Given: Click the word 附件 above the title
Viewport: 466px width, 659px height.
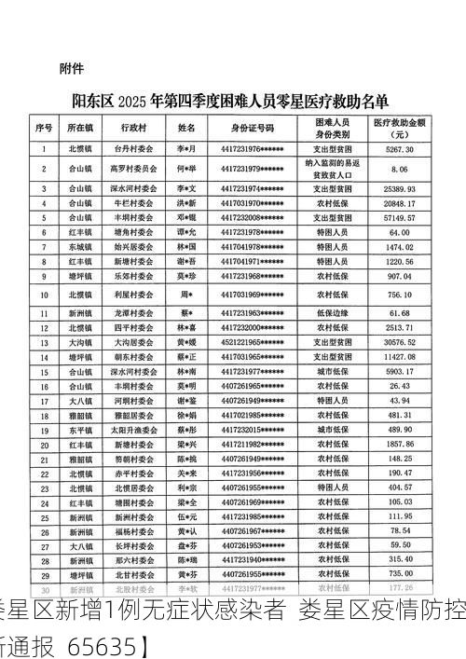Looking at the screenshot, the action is point(72,68).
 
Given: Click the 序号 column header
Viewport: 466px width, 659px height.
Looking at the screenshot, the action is point(44,127).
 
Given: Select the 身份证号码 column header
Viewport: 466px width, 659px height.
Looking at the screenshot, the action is point(253,127).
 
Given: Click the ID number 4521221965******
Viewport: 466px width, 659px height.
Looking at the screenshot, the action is point(253,342).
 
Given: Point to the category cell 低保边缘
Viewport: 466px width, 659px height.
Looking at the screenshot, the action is point(333,313).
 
